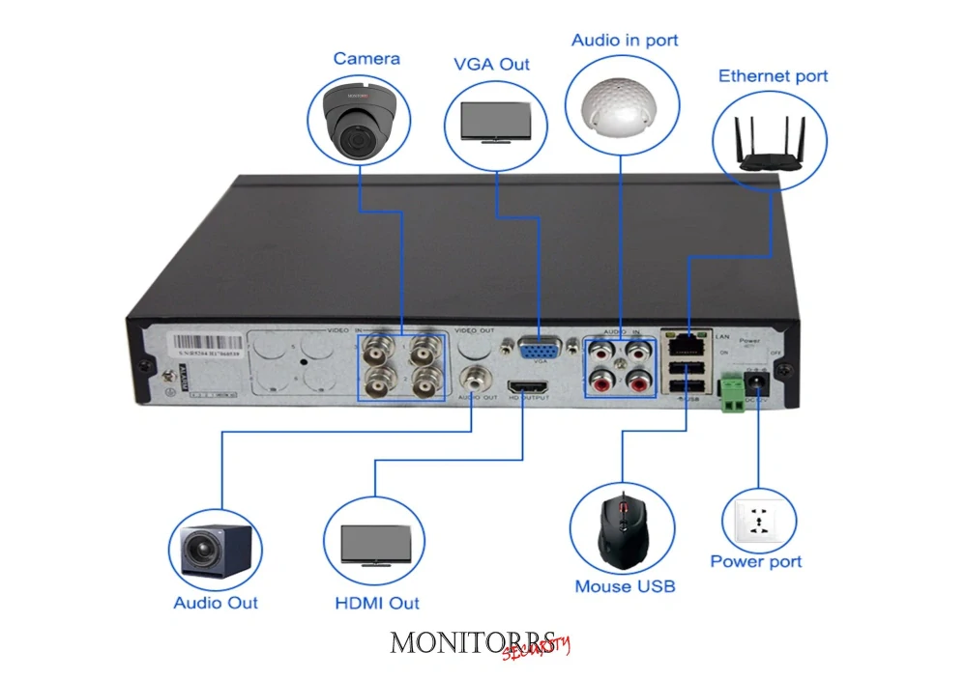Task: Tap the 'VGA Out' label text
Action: tap(492, 64)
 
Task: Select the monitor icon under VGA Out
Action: tap(493, 123)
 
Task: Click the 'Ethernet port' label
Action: tap(773, 76)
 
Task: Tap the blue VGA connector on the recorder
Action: tap(540, 350)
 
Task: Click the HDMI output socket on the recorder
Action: tap(528, 384)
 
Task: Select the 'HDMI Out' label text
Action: tap(376, 603)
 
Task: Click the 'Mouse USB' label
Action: tap(625, 586)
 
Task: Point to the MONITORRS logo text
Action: tap(474, 642)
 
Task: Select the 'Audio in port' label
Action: tap(624, 41)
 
